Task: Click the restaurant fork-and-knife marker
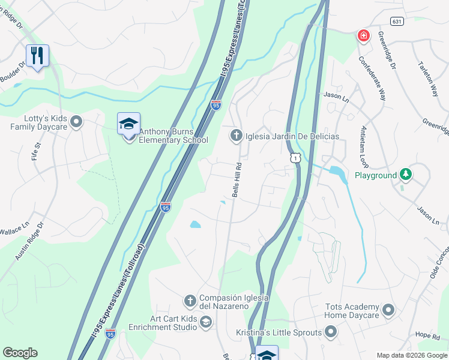tap(37, 56)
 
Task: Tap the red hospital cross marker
tap(363, 37)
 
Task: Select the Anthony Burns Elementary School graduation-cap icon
tap(128, 124)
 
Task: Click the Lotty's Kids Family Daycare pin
tap(76, 122)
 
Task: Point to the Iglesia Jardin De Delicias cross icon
tap(237, 136)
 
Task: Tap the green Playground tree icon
tap(406, 175)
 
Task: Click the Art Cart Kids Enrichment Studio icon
tap(206, 322)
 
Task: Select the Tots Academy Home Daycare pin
tap(388, 310)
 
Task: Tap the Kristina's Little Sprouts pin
tap(331, 332)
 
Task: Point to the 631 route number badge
tap(396, 21)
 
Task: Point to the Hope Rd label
tap(427, 335)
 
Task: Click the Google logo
tap(20, 353)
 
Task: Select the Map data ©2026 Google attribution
tap(411, 355)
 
